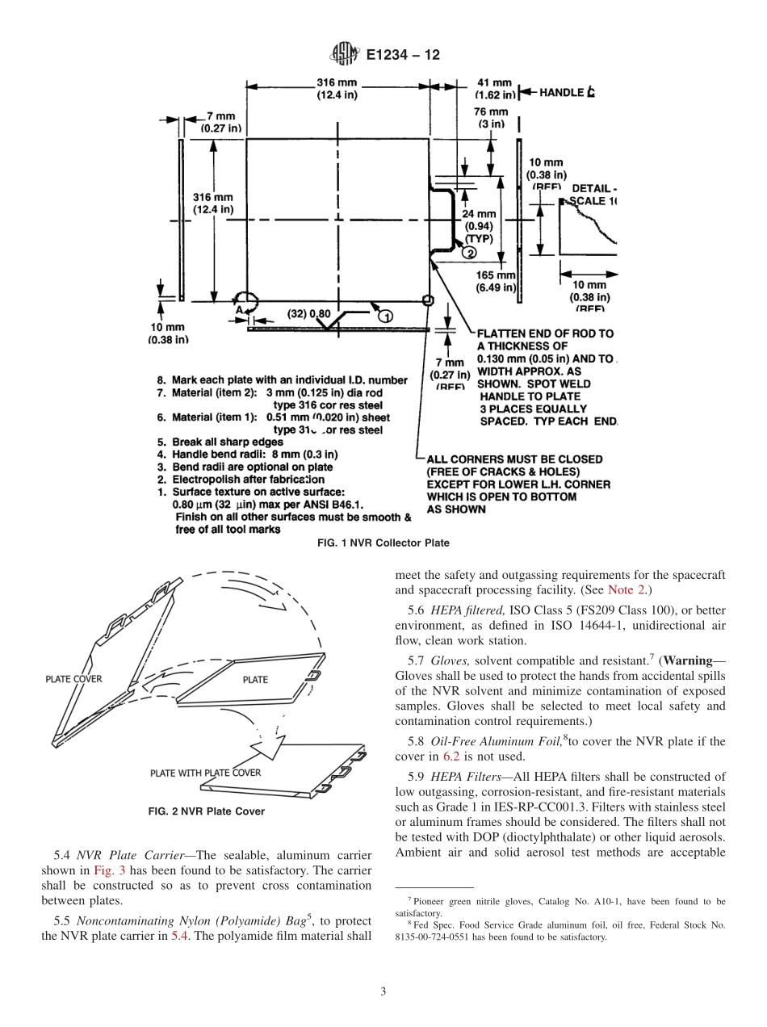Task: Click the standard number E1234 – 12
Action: pyautogui.click(x=403, y=55)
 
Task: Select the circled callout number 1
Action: pyautogui.click(x=385, y=314)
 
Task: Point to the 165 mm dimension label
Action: pyautogui.click(x=496, y=281)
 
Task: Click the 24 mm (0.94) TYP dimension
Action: pyautogui.click(x=479, y=227)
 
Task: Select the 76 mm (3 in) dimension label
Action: pyautogui.click(x=490, y=117)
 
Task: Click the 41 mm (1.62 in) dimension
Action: pyautogui.click(x=494, y=88)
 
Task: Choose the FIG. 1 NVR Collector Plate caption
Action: pyautogui.click(x=383, y=543)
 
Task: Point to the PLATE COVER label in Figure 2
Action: pyautogui.click(x=73, y=679)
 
